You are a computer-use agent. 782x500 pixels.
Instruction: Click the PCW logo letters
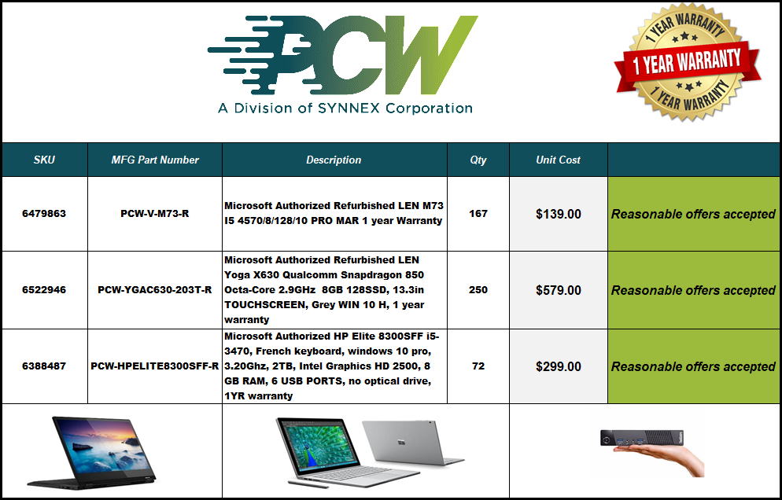click(x=343, y=55)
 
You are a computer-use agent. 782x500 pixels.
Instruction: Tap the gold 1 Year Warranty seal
click(x=688, y=62)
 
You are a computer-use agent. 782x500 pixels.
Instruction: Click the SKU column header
click(x=44, y=160)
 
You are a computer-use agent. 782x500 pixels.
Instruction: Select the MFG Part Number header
click(x=155, y=160)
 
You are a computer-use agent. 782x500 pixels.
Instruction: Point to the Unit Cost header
click(x=558, y=160)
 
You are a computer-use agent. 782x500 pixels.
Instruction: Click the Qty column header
click(x=478, y=160)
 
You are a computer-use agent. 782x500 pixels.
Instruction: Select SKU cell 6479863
click(x=44, y=214)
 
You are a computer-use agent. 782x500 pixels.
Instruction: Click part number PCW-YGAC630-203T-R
click(x=155, y=290)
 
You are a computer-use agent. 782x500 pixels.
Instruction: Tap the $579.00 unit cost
click(x=558, y=290)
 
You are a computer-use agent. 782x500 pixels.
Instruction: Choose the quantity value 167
click(x=478, y=214)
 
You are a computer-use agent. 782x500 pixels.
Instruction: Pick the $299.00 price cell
click(x=558, y=366)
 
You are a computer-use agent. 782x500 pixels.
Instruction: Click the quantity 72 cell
click(x=478, y=366)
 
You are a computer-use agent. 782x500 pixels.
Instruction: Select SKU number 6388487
click(x=44, y=366)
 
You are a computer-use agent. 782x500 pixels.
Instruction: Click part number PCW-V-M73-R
click(x=155, y=214)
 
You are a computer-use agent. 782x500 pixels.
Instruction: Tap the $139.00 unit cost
click(x=558, y=214)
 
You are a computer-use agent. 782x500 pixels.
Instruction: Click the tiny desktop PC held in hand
click(x=641, y=437)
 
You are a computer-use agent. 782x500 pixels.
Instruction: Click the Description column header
click(x=334, y=160)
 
